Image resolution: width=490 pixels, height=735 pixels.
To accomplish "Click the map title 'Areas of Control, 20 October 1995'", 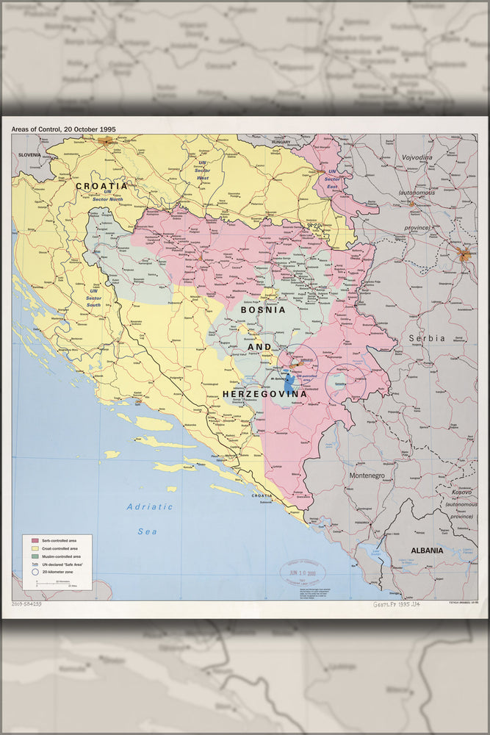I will (63, 129).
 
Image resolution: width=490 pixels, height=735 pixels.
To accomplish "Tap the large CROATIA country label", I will (101, 186).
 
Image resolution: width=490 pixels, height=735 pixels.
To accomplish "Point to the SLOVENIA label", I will (29, 155).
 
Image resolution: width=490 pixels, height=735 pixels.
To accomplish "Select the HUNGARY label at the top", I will (281, 145).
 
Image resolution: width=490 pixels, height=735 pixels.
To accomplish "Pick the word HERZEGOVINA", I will (264, 394).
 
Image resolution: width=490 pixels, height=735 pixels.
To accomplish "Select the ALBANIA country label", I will (427, 550).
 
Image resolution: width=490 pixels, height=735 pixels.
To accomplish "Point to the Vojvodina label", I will (417, 157).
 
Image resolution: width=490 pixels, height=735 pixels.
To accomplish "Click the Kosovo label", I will (461, 492).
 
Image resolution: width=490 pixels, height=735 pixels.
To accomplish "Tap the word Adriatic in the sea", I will (149, 506).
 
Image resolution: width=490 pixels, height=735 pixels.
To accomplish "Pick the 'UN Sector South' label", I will (93, 298).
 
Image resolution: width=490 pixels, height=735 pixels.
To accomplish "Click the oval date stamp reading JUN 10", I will (301, 571).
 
